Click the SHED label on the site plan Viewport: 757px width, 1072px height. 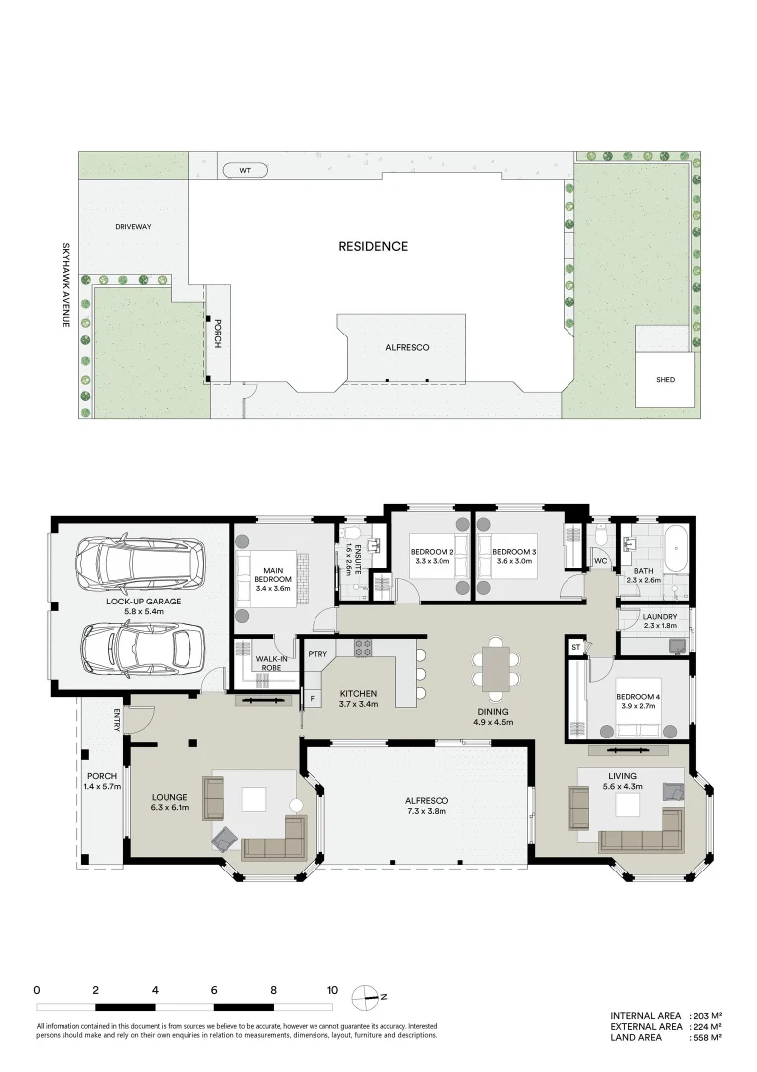[x=665, y=379]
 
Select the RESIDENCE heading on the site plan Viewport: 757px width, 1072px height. [x=373, y=246]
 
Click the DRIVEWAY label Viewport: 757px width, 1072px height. [x=133, y=227]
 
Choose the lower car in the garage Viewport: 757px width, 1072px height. [x=136, y=647]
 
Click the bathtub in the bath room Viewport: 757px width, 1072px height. [x=675, y=550]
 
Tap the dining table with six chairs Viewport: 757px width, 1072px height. [x=495, y=666]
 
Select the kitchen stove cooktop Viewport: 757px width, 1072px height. [x=363, y=649]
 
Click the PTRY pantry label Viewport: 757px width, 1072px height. [x=317, y=654]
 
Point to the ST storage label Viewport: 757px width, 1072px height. [x=575, y=649]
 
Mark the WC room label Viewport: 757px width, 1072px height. [x=600, y=562]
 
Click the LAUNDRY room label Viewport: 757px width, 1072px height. [x=660, y=616]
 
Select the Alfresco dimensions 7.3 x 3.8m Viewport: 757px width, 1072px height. [x=426, y=811]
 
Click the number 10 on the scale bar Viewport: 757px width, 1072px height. [x=332, y=990]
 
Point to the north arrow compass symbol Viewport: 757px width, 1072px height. [x=373, y=996]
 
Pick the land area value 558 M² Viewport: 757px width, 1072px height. [x=705, y=1037]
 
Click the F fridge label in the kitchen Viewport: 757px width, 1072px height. [x=313, y=698]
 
